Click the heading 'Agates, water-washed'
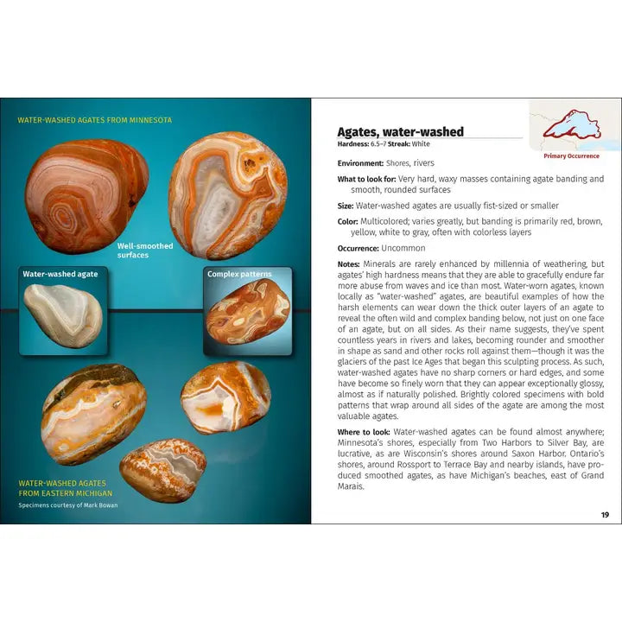[x=400, y=132]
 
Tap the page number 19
[x=605, y=515]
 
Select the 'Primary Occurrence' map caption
[x=571, y=156]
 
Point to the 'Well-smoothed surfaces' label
[x=145, y=251]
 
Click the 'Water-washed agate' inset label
[x=60, y=274]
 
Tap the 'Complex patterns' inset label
[x=239, y=275]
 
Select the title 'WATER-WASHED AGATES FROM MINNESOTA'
[x=95, y=120]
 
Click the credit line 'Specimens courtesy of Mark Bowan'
[x=68, y=505]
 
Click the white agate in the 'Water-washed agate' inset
[x=62, y=315]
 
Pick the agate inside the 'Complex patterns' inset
[x=249, y=316]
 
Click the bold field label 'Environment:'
[x=360, y=163]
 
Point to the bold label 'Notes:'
[x=348, y=264]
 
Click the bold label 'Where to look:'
[x=364, y=431]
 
